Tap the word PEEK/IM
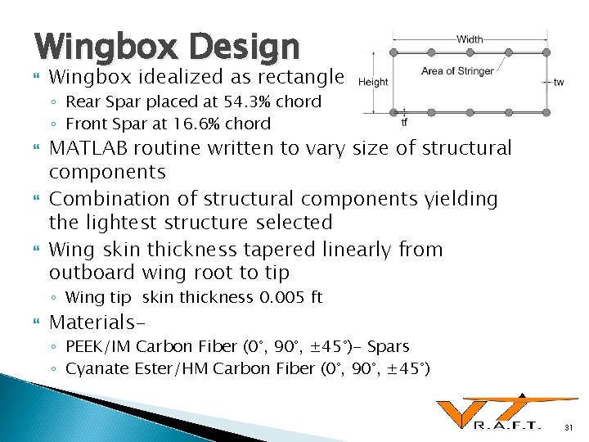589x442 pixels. coord(95,347)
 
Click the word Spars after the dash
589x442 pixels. coord(388,347)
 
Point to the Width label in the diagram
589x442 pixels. coord(469,38)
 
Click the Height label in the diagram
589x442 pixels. coord(372,82)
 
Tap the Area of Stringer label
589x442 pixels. coord(457,70)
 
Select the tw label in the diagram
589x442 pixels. coord(559,82)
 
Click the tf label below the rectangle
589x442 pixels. coord(404,124)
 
